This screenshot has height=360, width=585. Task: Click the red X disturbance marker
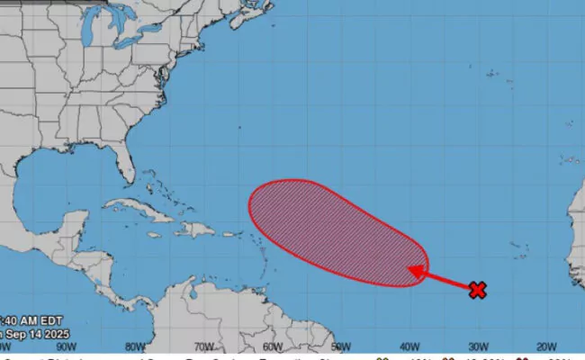click(478, 289)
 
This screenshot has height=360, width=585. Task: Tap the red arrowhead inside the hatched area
click(417, 269)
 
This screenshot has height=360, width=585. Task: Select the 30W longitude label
click(478, 346)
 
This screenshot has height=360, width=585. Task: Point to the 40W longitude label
click(409, 346)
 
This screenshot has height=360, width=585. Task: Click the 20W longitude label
click(546, 346)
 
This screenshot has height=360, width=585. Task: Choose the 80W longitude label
click(135, 346)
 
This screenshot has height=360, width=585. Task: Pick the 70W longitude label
click(203, 346)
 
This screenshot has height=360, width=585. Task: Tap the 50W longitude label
click(341, 346)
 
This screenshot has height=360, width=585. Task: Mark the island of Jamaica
click(152, 236)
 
